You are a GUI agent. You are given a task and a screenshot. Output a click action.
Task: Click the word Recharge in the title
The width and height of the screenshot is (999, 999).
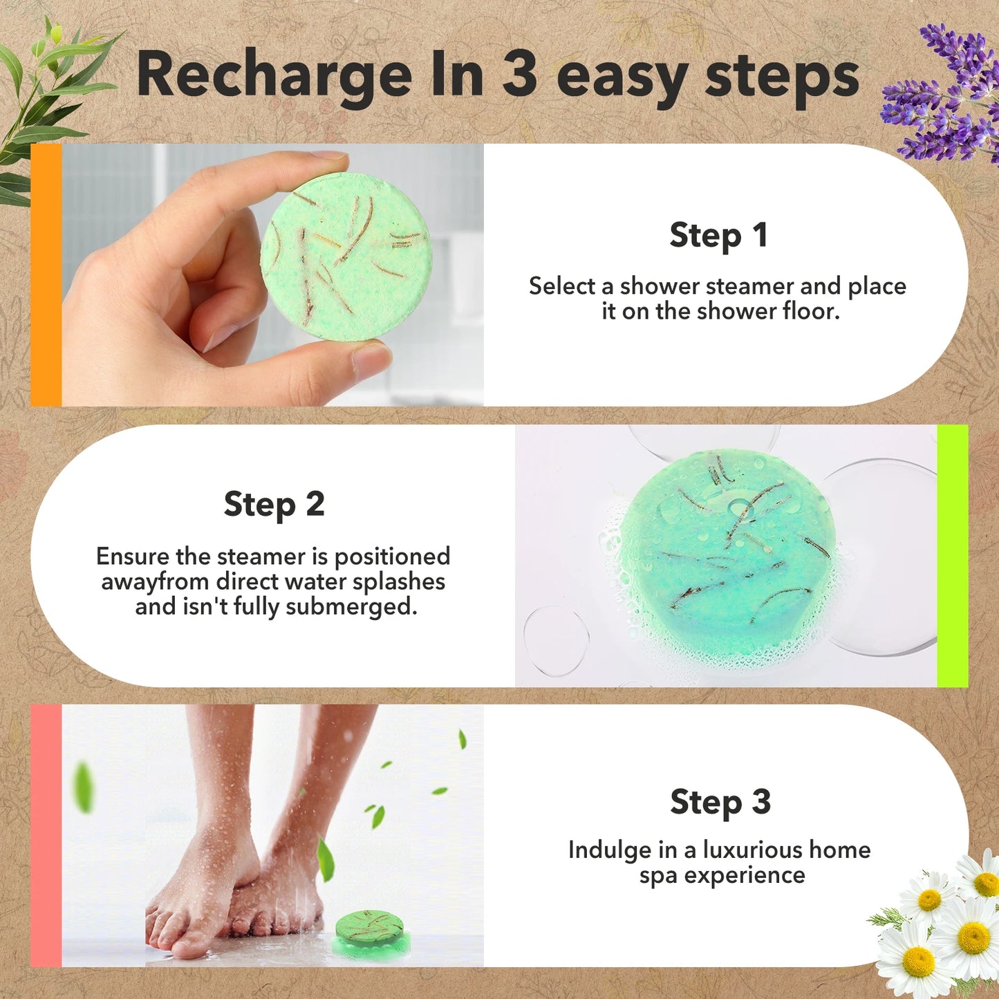(x=274, y=76)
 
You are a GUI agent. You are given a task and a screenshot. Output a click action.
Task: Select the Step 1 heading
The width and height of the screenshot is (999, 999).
(x=718, y=236)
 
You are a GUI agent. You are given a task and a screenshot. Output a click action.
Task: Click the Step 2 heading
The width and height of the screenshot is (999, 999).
(x=274, y=505)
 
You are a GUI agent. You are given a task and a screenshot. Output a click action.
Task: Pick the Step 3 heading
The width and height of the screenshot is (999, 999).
(x=720, y=803)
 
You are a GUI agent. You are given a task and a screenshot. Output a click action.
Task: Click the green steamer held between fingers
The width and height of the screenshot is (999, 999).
(x=346, y=256)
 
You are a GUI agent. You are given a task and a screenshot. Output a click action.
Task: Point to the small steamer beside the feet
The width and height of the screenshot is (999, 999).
(x=369, y=932)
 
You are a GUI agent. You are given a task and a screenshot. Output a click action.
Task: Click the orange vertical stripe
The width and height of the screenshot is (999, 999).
(x=46, y=274)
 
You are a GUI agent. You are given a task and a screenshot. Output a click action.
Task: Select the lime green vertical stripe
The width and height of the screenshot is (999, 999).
(x=952, y=556)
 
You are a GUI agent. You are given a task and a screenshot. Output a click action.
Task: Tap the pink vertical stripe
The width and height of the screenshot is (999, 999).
(x=46, y=835)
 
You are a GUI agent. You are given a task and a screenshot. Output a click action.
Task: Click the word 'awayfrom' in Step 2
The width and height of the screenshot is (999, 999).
(x=156, y=582)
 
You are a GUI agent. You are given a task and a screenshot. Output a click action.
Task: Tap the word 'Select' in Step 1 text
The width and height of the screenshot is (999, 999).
(x=562, y=286)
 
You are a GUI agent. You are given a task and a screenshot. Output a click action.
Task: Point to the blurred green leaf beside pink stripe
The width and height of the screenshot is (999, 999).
(x=84, y=786)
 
